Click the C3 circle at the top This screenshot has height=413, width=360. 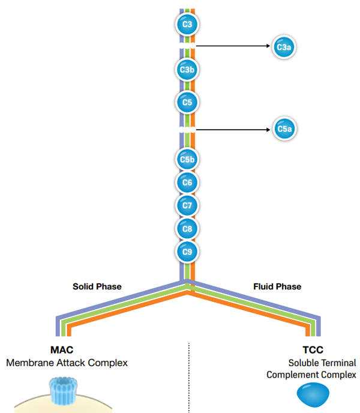click(x=187, y=25)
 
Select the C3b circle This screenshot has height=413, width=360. click(x=187, y=70)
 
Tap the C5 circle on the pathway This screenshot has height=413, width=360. click(x=187, y=103)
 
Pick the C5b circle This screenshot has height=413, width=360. click(x=187, y=160)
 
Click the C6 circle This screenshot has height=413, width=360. click(x=187, y=182)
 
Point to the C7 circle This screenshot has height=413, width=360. click(x=187, y=205)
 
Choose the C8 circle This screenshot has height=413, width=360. click(x=187, y=228)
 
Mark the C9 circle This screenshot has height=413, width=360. click(x=187, y=251)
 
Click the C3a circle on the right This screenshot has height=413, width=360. click(x=283, y=46)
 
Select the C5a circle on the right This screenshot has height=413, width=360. click(x=283, y=128)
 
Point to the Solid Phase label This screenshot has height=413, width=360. click(x=97, y=286)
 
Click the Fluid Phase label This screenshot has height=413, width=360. click(x=277, y=286)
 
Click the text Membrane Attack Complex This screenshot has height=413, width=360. click(x=67, y=363)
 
